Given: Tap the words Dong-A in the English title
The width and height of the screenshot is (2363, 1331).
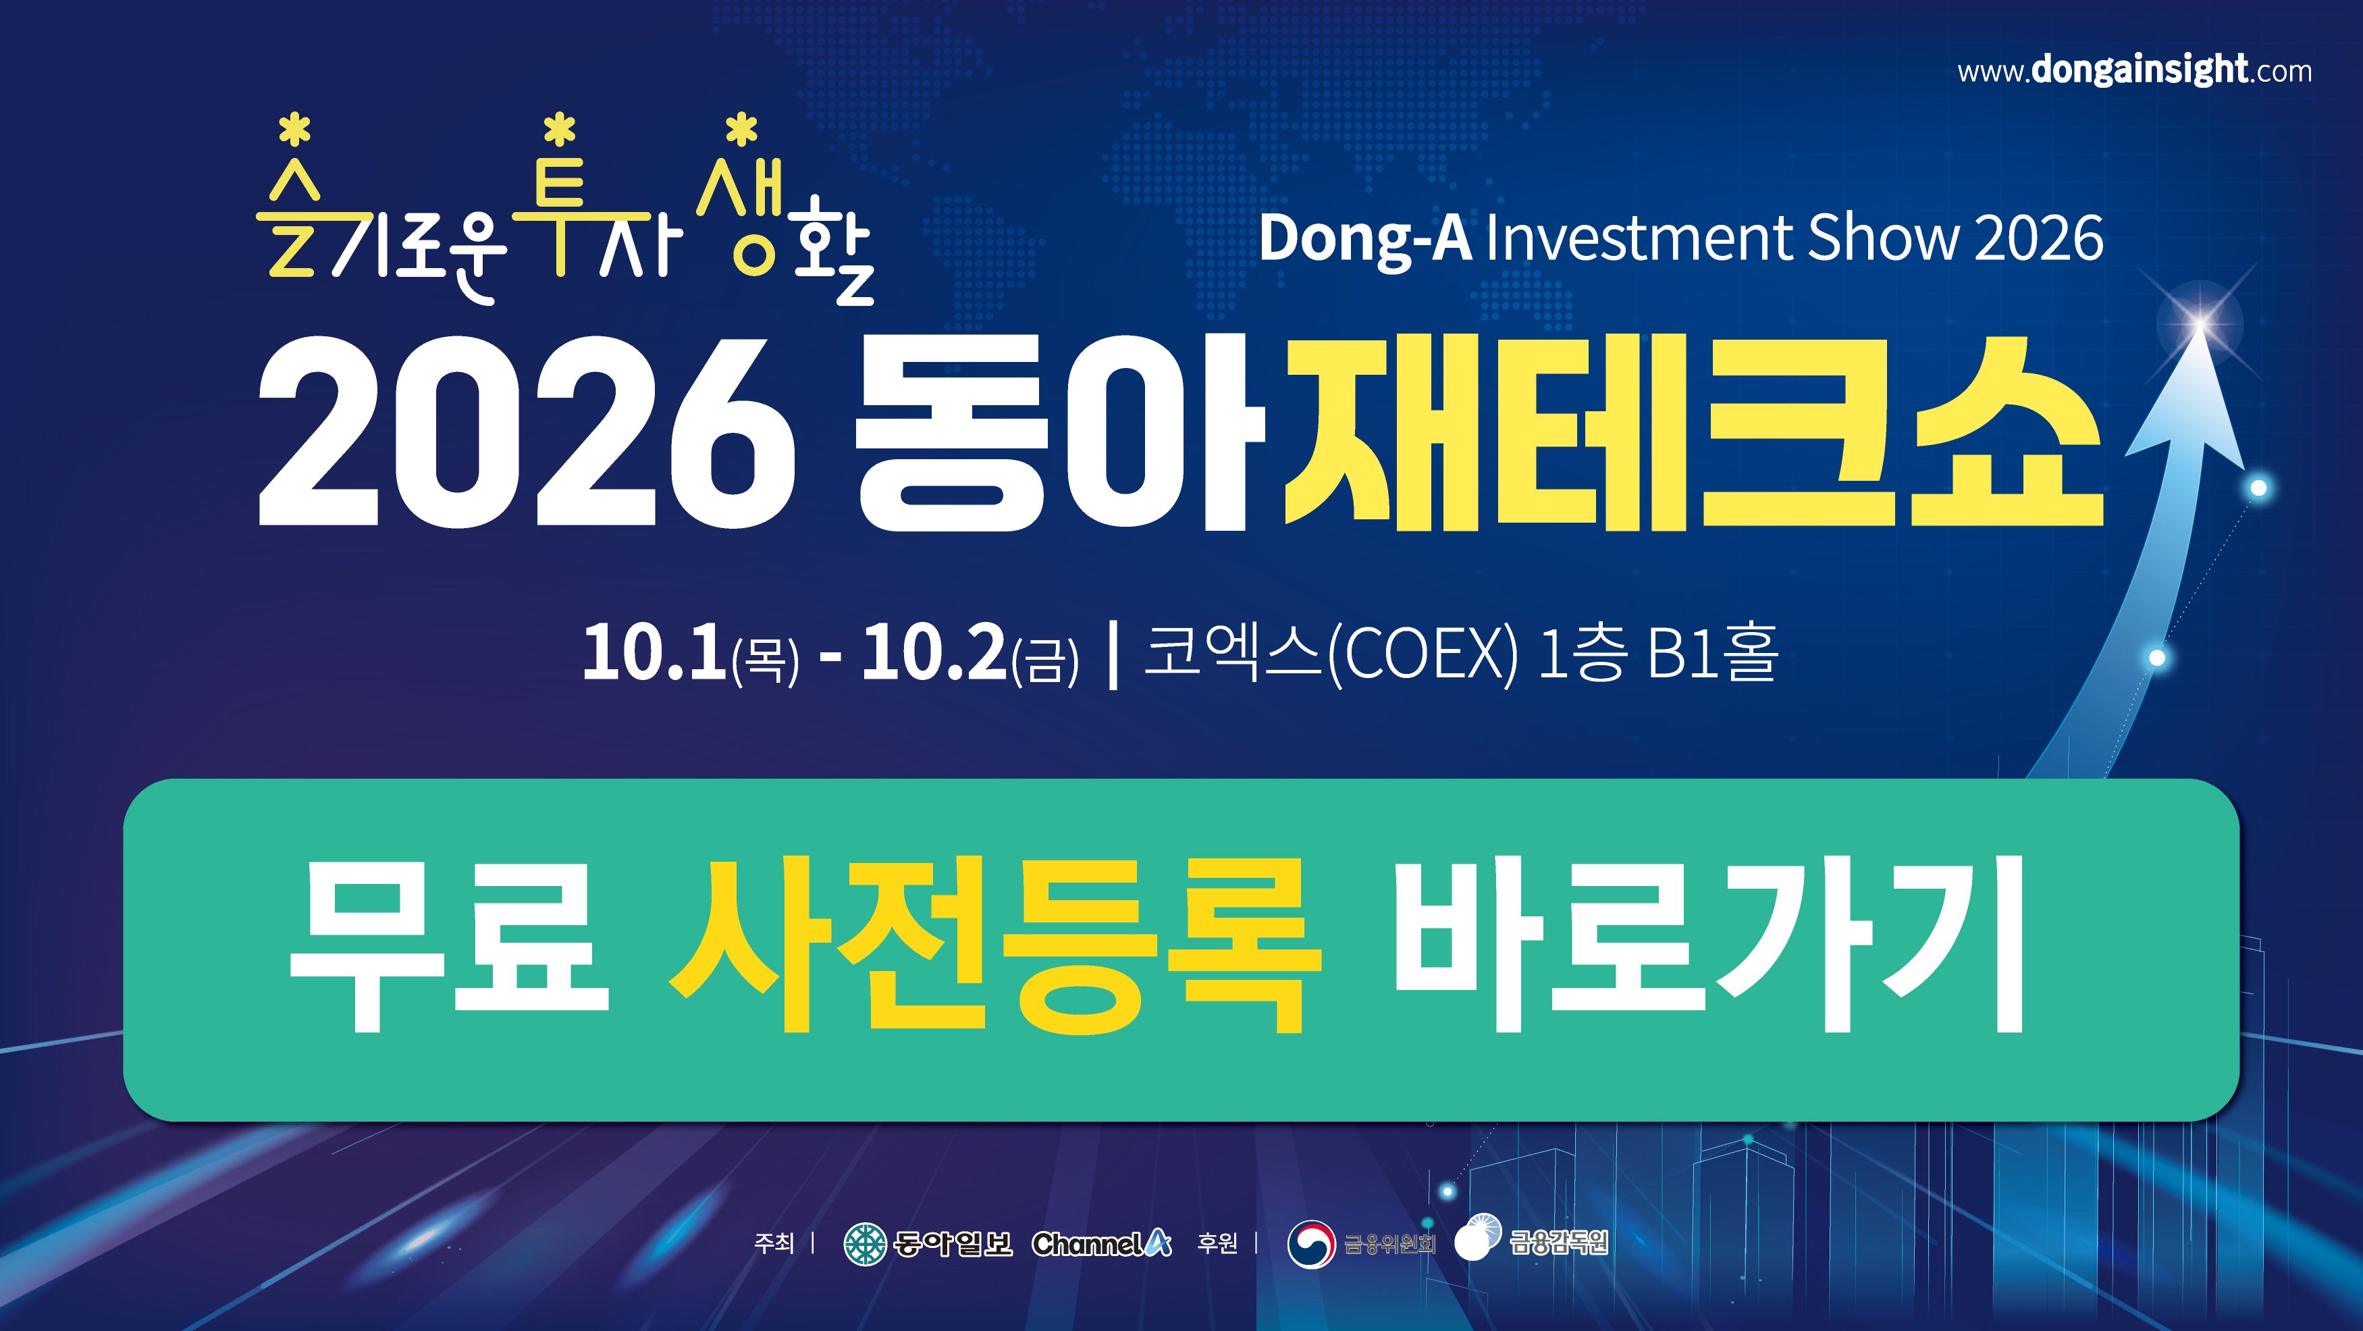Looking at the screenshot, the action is [1365, 238].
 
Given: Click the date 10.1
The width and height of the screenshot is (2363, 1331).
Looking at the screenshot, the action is [655, 652].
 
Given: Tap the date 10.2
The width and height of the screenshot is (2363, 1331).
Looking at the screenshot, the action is [934, 652].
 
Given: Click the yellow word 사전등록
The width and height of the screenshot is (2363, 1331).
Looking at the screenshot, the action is [994, 945].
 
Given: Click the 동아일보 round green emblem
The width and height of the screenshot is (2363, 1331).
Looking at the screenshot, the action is [865, 1244].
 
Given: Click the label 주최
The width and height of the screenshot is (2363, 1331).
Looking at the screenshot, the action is [773, 1243].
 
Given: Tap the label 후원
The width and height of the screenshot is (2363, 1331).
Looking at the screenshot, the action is [1217, 1243].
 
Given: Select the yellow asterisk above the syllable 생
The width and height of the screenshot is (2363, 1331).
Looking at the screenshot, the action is [741, 130].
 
